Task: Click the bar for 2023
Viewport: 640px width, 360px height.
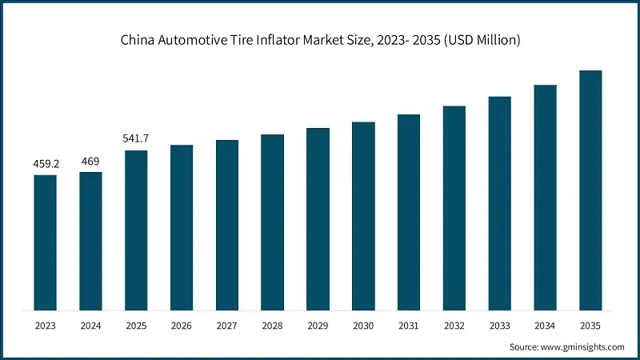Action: click(45, 242)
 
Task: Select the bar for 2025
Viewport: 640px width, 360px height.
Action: click(136, 230)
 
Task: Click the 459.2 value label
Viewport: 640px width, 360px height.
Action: click(45, 165)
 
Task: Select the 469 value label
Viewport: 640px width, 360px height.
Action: click(90, 162)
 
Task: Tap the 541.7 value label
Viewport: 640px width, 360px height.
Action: click(136, 139)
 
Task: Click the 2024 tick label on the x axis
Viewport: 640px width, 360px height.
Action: click(90, 326)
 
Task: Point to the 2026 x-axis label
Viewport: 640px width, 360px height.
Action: click(182, 326)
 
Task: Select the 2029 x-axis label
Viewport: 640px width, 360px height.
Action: click(318, 326)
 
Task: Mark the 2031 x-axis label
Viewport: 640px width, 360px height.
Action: click(409, 326)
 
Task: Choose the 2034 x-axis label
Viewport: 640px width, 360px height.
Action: click(545, 326)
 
